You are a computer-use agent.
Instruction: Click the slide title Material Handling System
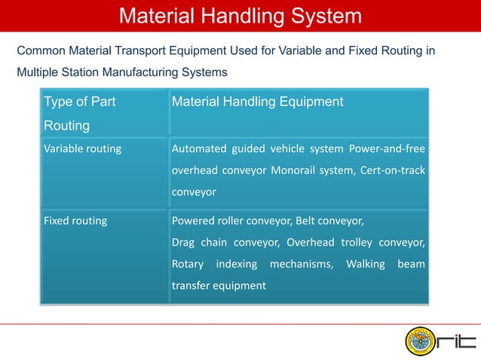point(240,16)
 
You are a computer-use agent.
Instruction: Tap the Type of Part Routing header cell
point(79,113)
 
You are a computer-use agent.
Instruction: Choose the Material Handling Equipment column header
point(258,102)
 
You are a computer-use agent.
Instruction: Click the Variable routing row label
point(82,148)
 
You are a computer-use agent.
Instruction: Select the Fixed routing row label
point(75,221)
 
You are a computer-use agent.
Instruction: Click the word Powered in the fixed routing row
point(194,221)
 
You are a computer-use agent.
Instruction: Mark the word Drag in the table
point(184,243)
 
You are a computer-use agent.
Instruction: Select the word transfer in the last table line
point(191,286)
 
